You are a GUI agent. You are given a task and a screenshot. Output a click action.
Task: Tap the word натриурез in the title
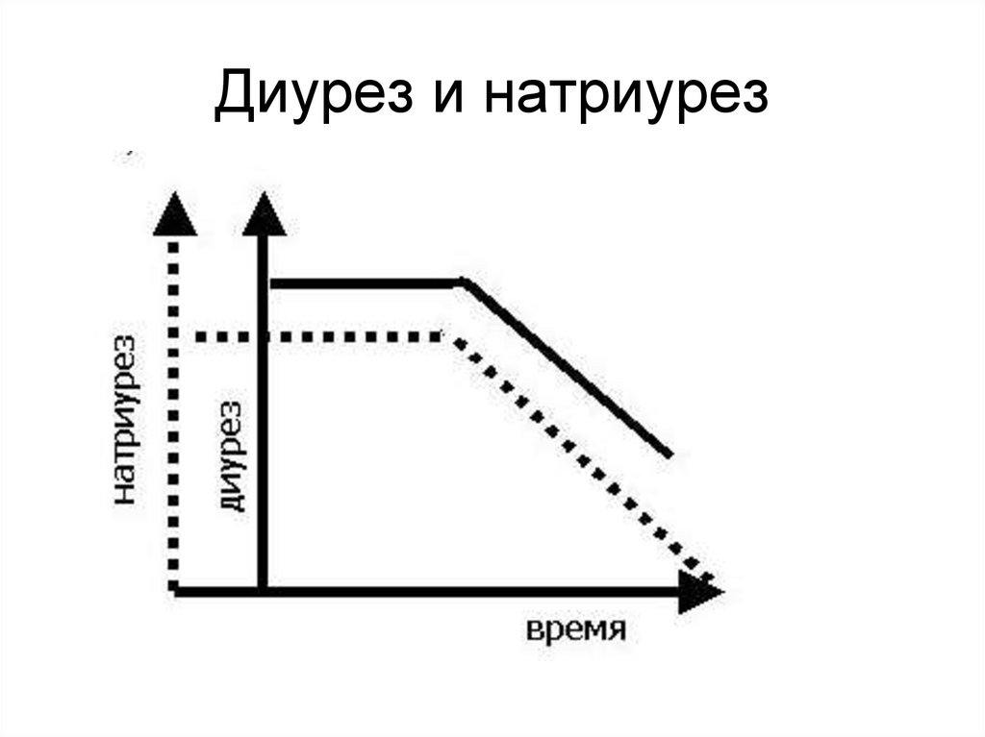[626, 98]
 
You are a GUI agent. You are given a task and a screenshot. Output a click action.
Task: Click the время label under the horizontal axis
[576, 631]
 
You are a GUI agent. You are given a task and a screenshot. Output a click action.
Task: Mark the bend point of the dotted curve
[448, 337]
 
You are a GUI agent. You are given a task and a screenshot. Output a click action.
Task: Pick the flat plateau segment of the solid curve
[366, 283]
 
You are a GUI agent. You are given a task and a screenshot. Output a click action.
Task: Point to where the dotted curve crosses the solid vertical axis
[263, 337]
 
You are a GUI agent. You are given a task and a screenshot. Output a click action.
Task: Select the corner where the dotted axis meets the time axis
[173, 590]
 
